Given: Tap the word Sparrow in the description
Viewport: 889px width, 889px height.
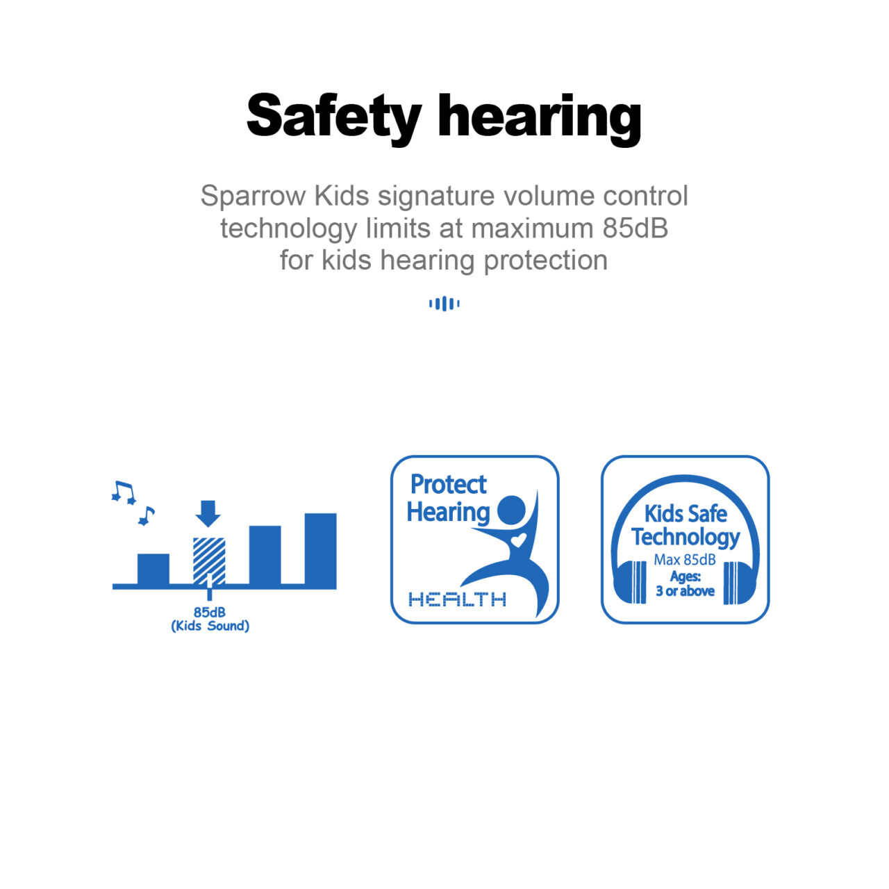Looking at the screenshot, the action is point(253,196).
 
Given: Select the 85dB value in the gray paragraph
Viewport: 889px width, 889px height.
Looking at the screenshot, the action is point(635,228).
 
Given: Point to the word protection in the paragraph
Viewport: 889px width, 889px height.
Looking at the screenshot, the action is point(545,261).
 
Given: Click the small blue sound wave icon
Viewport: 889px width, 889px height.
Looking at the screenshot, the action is point(444,304).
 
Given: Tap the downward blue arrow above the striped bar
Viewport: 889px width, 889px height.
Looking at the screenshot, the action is point(208,513).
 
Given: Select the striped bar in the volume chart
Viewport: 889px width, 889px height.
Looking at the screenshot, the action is point(209,561).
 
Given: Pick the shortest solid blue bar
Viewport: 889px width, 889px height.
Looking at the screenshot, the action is point(153,570).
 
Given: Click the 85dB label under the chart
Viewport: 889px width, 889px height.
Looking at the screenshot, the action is point(210,612).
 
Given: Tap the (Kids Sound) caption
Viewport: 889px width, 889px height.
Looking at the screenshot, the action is point(210,626).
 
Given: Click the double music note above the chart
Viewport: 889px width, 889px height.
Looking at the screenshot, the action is point(124,492).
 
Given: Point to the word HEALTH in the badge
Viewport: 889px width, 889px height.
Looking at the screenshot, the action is point(457,599).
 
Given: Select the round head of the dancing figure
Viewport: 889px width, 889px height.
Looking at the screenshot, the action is point(511,510).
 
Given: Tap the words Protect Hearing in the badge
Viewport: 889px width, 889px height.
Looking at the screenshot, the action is point(447,499).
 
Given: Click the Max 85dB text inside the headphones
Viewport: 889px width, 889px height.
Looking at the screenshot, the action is point(685,560).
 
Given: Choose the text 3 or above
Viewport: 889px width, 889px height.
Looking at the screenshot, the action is point(685,591).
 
